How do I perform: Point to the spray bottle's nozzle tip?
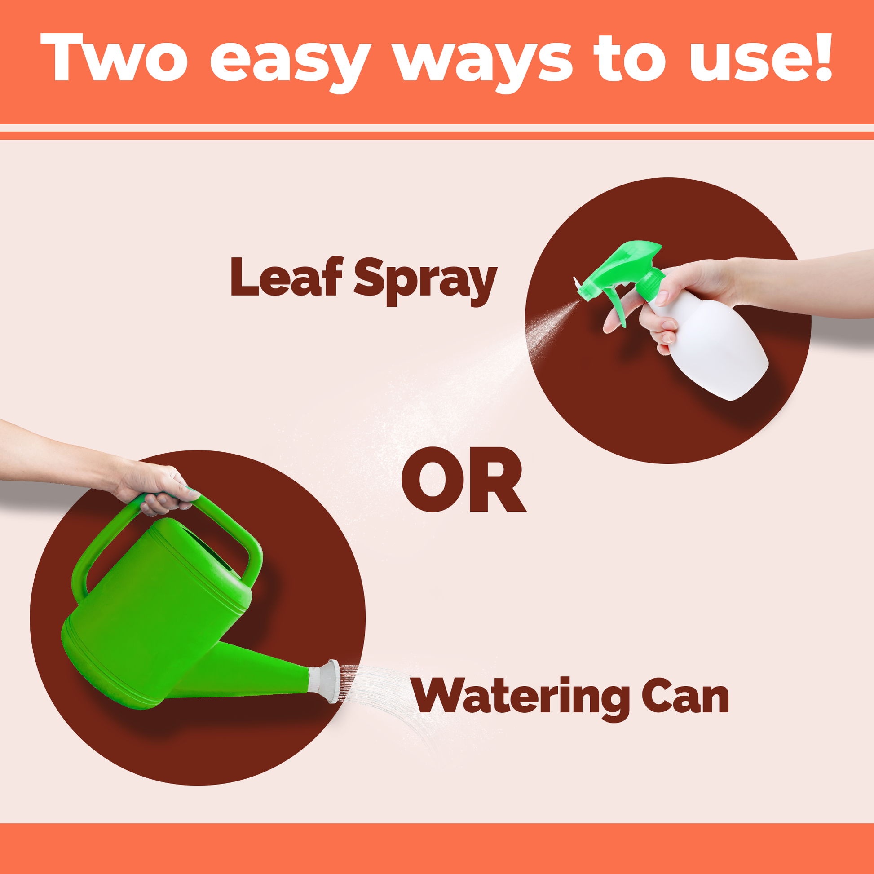click(x=577, y=284)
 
